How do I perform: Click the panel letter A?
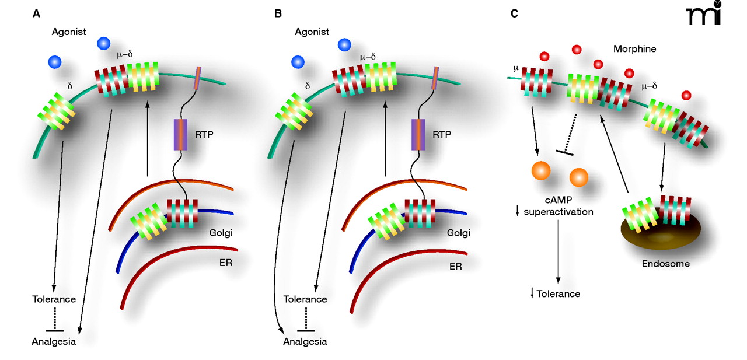pos(37,13)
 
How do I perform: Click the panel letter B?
pos(278,13)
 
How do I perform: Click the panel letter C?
pos(514,13)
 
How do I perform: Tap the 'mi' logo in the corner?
pos(704,14)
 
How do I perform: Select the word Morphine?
pos(634,49)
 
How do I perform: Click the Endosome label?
pos(665,264)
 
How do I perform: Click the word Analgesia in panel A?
pos(54,342)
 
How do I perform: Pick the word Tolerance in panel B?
pos(305,299)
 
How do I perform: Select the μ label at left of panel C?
pos(515,68)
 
